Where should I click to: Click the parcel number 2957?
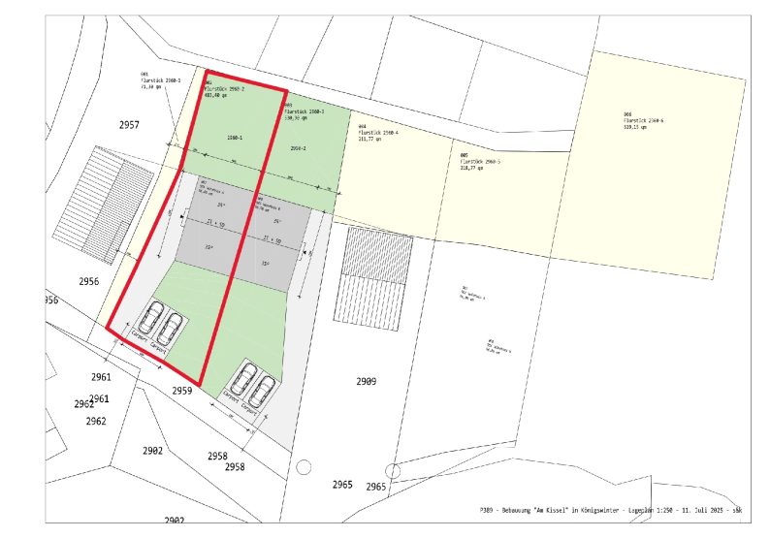(129, 125)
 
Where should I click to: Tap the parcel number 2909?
(366, 381)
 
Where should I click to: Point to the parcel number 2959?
(183, 391)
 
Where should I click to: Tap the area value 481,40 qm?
(216, 96)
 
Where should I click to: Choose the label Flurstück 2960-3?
(305, 111)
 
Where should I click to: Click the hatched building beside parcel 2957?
(106, 205)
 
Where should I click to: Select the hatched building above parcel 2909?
(373, 276)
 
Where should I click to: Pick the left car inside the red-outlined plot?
(153, 318)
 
